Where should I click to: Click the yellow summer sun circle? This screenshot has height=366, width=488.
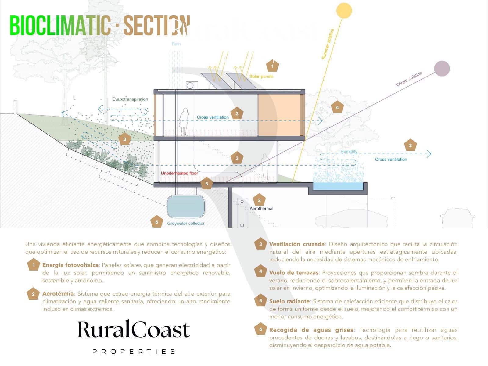(x=344, y=10)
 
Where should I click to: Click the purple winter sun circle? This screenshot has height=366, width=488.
(x=442, y=68)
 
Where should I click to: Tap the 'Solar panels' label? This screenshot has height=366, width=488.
(x=261, y=76)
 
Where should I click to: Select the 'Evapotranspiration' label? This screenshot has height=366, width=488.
(x=130, y=99)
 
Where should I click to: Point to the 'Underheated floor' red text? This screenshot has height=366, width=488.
(x=179, y=173)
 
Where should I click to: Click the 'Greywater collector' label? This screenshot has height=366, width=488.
(x=186, y=223)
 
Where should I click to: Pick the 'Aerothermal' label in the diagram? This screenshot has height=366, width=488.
(x=261, y=209)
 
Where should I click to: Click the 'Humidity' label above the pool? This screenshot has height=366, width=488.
(x=349, y=152)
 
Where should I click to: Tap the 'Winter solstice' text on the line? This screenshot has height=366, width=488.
(x=409, y=79)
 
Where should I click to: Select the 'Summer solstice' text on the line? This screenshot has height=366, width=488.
(x=328, y=44)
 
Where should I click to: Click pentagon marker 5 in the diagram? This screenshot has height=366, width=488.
(x=207, y=184)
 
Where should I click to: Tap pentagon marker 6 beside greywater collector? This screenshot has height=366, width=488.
(x=157, y=222)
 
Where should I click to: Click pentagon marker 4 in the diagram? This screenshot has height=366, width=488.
(x=337, y=107)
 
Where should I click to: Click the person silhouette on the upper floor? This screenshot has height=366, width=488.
(x=184, y=122)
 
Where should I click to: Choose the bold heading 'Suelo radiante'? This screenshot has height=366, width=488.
(x=289, y=301)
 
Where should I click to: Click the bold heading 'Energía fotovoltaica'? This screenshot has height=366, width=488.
(x=70, y=265)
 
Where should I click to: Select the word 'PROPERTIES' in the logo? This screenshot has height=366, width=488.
(x=134, y=352)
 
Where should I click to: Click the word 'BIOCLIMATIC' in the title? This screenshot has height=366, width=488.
(x=60, y=26)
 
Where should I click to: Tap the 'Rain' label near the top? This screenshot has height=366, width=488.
(x=176, y=44)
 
